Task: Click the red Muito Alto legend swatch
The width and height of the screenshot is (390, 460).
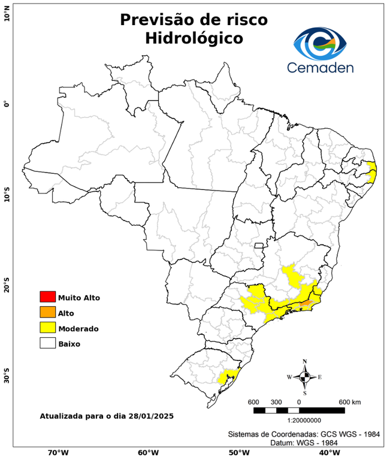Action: tap(47, 297)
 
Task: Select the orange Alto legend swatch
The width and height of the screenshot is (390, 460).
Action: tap(47, 313)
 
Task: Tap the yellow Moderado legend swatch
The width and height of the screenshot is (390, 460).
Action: tap(47, 328)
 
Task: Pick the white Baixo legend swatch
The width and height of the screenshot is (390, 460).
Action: tap(47, 344)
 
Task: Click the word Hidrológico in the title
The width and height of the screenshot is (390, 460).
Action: tap(194, 38)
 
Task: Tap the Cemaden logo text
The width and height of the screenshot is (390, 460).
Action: tap(321, 67)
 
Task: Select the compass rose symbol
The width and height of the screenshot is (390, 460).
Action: tap(304, 377)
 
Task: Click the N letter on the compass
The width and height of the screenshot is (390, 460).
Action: tap(304, 361)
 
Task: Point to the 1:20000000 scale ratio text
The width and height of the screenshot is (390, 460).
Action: tap(298, 420)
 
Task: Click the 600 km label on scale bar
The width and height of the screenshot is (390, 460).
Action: tap(350, 401)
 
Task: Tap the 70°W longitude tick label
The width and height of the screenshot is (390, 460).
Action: tap(58, 453)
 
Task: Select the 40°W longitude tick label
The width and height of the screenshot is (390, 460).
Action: tap(328, 453)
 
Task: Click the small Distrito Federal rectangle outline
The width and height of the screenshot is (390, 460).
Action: tap(259, 245)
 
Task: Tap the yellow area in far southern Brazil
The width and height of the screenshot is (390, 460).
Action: tap(228, 377)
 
